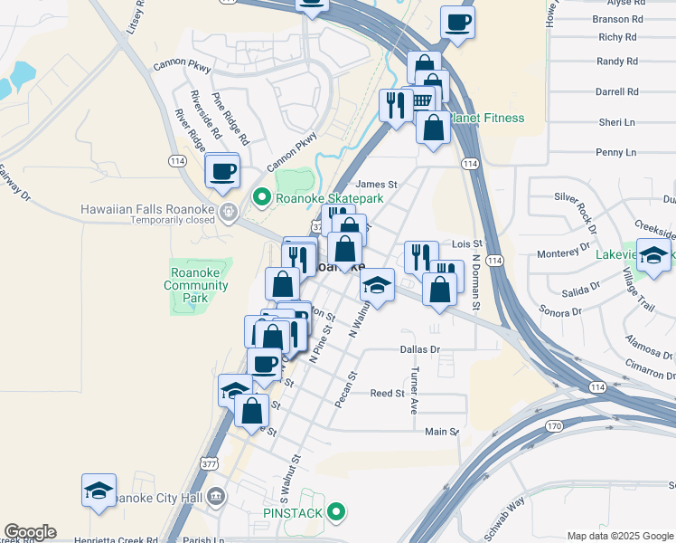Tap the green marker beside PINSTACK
coord(336,513)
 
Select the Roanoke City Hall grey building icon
coord(215,496)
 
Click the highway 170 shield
coord(554,424)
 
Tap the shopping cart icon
coord(422,100)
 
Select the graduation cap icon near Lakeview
coord(653,254)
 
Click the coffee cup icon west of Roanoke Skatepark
coord(222,170)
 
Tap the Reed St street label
coord(388,393)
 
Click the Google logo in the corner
coord(30,532)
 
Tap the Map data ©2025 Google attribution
coord(620,536)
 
